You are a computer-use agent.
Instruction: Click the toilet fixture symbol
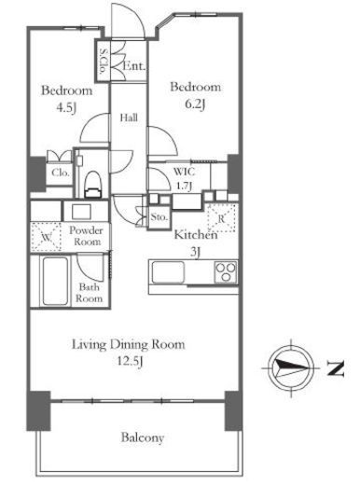93,184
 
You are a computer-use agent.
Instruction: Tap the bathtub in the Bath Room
55,281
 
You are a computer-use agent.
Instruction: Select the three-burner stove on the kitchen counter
226,272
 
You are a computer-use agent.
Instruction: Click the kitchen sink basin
168,272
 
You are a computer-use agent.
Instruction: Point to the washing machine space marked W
47,237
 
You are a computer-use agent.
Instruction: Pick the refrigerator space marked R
221,218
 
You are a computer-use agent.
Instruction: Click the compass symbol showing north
291,367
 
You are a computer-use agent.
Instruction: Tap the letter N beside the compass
335,368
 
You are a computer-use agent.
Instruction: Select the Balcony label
143,437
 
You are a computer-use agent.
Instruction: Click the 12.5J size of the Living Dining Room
130,361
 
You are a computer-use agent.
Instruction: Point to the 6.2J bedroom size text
195,104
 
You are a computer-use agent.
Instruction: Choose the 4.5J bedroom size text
66,107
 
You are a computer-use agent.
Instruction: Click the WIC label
184,172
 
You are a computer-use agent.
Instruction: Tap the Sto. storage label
159,217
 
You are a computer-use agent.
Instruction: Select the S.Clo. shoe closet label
103,61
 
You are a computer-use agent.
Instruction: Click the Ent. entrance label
134,66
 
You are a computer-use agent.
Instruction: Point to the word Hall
129,118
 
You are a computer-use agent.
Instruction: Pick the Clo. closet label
61,173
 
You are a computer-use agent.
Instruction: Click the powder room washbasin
81,212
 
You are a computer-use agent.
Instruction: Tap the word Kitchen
196,234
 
